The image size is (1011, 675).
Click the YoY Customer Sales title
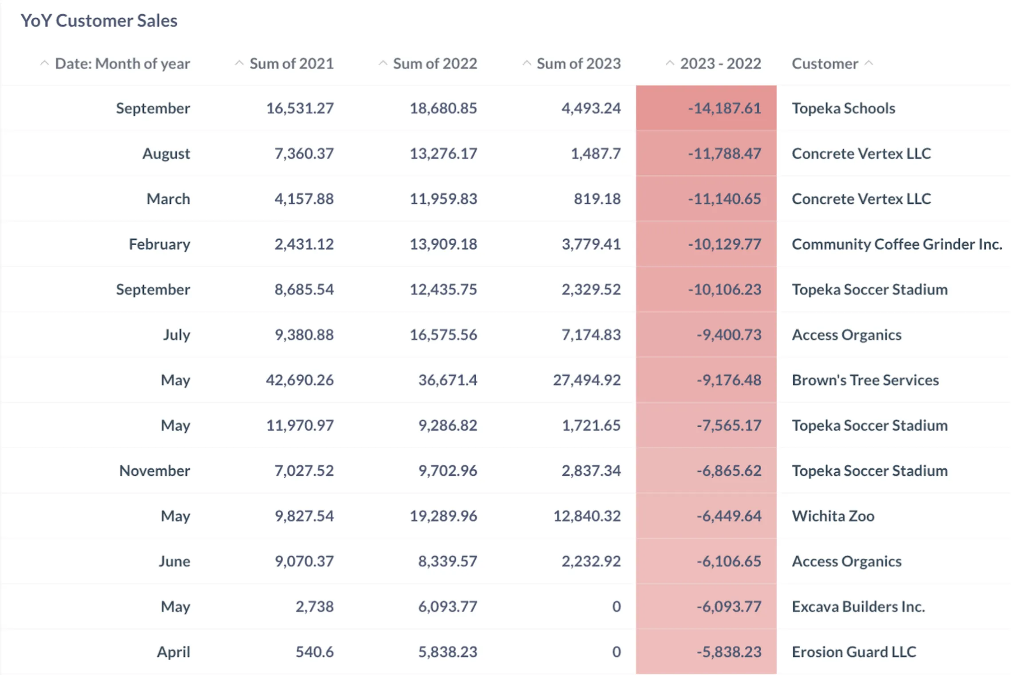pos(99,20)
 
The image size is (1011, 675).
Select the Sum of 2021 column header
pos(291,63)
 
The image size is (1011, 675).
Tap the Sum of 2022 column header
pos(434,63)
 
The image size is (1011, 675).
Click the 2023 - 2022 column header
pos(720,63)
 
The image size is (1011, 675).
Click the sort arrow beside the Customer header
pos(869,63)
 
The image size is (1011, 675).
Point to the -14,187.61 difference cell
pos(724,108)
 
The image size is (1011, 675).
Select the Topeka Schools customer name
pos(843,108)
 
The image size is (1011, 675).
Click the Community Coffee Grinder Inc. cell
pos(896,244)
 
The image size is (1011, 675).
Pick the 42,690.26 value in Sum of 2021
pos(300,380)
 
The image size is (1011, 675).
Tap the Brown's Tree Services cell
pos(865,380)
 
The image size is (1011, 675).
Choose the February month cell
pos(159,244)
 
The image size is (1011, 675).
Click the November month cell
pos(154,471)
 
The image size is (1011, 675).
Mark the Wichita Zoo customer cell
pos(833,516)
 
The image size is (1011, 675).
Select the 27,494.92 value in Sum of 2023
pos(586,380)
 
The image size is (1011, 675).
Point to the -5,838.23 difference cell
pos(728,652)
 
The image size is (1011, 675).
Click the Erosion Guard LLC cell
pos(853,652)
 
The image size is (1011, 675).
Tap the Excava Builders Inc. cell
pos(858,607)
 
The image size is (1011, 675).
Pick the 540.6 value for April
pos(314,652)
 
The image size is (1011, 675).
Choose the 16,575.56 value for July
pos(443,335)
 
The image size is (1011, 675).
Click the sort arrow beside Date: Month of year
pos(44,63)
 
